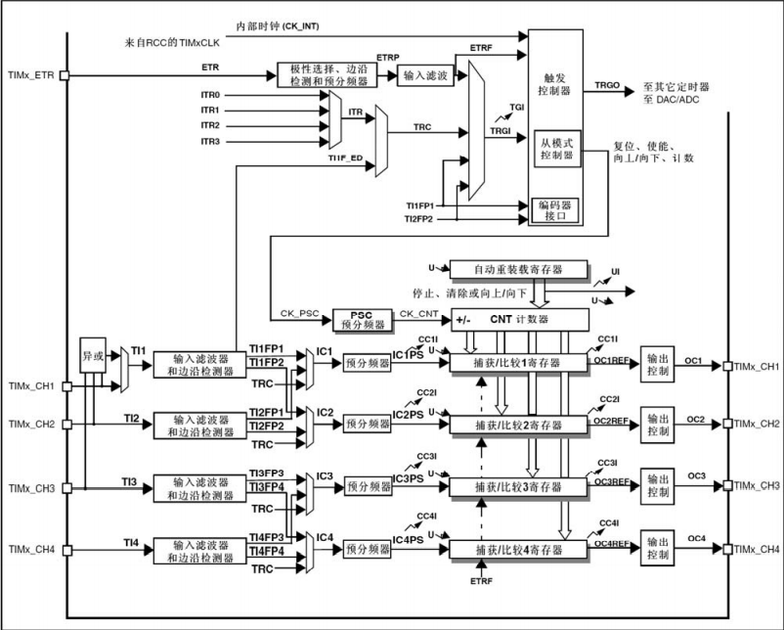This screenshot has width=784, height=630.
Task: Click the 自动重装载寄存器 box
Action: [x=519, y=268]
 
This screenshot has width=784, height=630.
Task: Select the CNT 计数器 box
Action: [x=519, y=319]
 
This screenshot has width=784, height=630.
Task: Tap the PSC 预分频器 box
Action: [x=362, y=319]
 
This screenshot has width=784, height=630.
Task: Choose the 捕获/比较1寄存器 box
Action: [x=518, y=364]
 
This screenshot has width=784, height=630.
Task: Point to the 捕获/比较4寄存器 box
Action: [x=518, y=549]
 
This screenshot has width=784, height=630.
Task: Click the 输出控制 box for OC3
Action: [x=658, y=484]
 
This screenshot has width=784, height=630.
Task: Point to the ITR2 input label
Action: [x=210, y=126]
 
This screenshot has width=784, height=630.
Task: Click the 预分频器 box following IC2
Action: [x=367, y=424]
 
